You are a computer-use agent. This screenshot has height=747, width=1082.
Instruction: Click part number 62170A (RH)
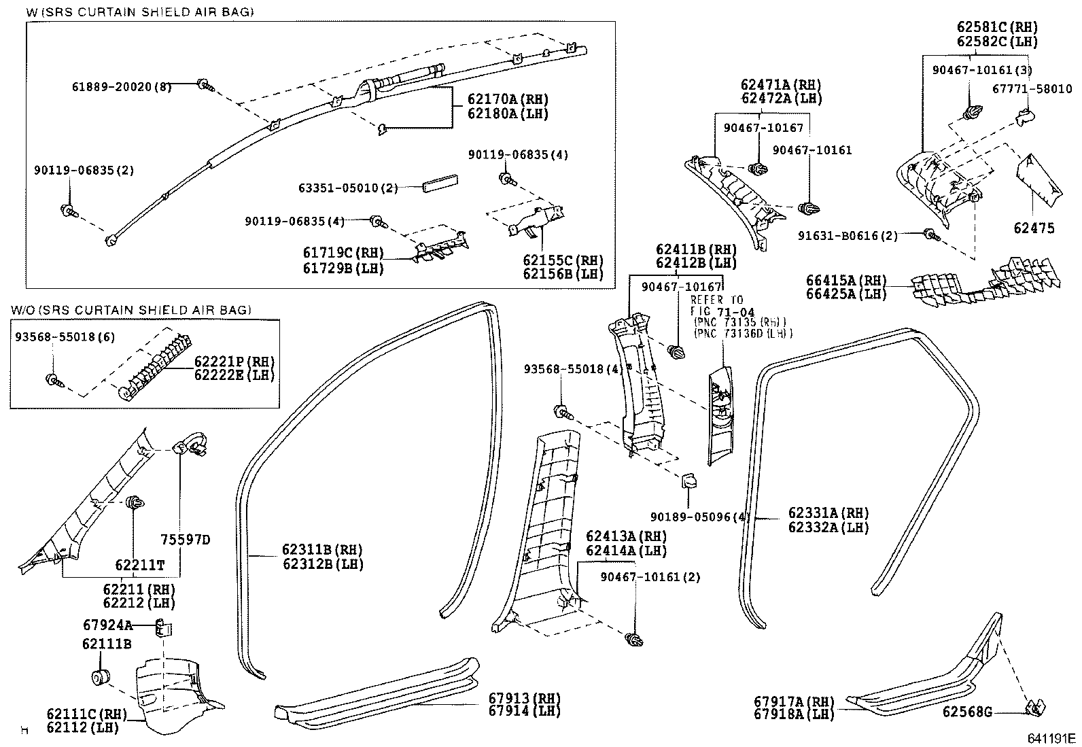(508, 99)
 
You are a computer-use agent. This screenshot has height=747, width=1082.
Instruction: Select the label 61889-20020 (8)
(122, 87)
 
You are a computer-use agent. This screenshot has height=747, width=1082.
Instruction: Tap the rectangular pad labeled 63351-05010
(440, 184)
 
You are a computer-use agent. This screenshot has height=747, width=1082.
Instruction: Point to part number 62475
(1034, 228)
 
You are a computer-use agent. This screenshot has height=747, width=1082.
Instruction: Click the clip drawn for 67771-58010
(1026, 117)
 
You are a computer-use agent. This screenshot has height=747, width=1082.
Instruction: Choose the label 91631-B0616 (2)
(848, 236)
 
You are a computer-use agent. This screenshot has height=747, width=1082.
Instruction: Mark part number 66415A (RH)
(846, 280)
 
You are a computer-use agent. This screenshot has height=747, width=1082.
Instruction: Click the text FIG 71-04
(722, 312)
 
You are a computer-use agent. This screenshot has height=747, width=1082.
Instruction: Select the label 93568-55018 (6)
(65, 336)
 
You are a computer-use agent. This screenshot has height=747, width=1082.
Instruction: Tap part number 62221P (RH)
(234, 362)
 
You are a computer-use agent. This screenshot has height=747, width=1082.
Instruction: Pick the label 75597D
(186, 539)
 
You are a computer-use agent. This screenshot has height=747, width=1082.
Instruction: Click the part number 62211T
(140, 565)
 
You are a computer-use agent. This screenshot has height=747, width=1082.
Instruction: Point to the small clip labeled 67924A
(163, 627)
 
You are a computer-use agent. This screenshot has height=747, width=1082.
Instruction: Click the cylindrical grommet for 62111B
(101, 678)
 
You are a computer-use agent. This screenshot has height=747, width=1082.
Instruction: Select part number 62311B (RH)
(322, 549)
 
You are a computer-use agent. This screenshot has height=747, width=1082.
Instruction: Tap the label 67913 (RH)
(525, 697)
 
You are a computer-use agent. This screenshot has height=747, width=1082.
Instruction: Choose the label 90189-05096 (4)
(701, 517)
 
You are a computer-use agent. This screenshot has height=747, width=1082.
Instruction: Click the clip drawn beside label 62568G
(1034, 708)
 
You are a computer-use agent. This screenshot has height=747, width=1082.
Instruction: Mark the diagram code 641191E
(1051, 739)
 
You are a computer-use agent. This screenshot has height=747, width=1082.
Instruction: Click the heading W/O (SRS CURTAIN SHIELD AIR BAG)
(131, 310)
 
